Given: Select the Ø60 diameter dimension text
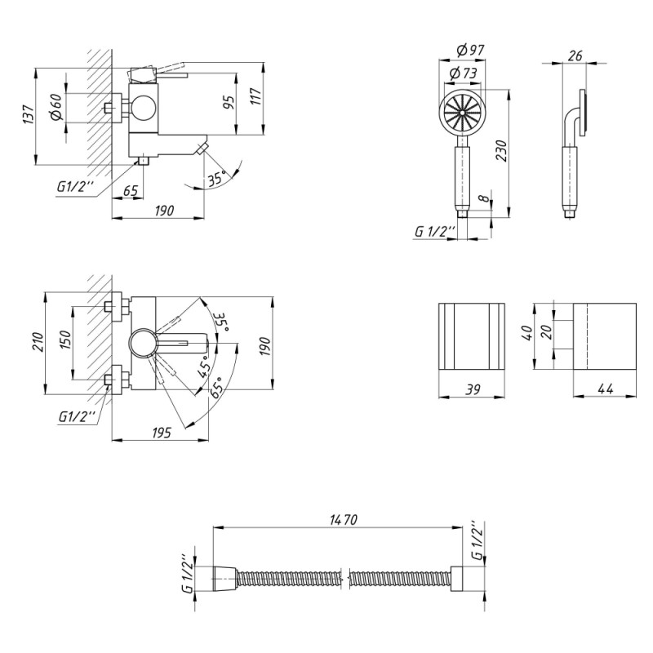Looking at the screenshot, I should (56, 108).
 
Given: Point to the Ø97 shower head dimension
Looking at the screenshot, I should (470, 50).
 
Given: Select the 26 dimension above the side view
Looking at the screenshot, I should (574, 55).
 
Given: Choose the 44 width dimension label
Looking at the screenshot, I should (605, 390).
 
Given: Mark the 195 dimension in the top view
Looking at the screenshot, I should (161, 433).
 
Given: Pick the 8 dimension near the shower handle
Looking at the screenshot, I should (485, 198).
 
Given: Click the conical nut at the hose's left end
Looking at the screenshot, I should (224, 579).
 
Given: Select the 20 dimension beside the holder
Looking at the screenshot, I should (544, 331).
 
